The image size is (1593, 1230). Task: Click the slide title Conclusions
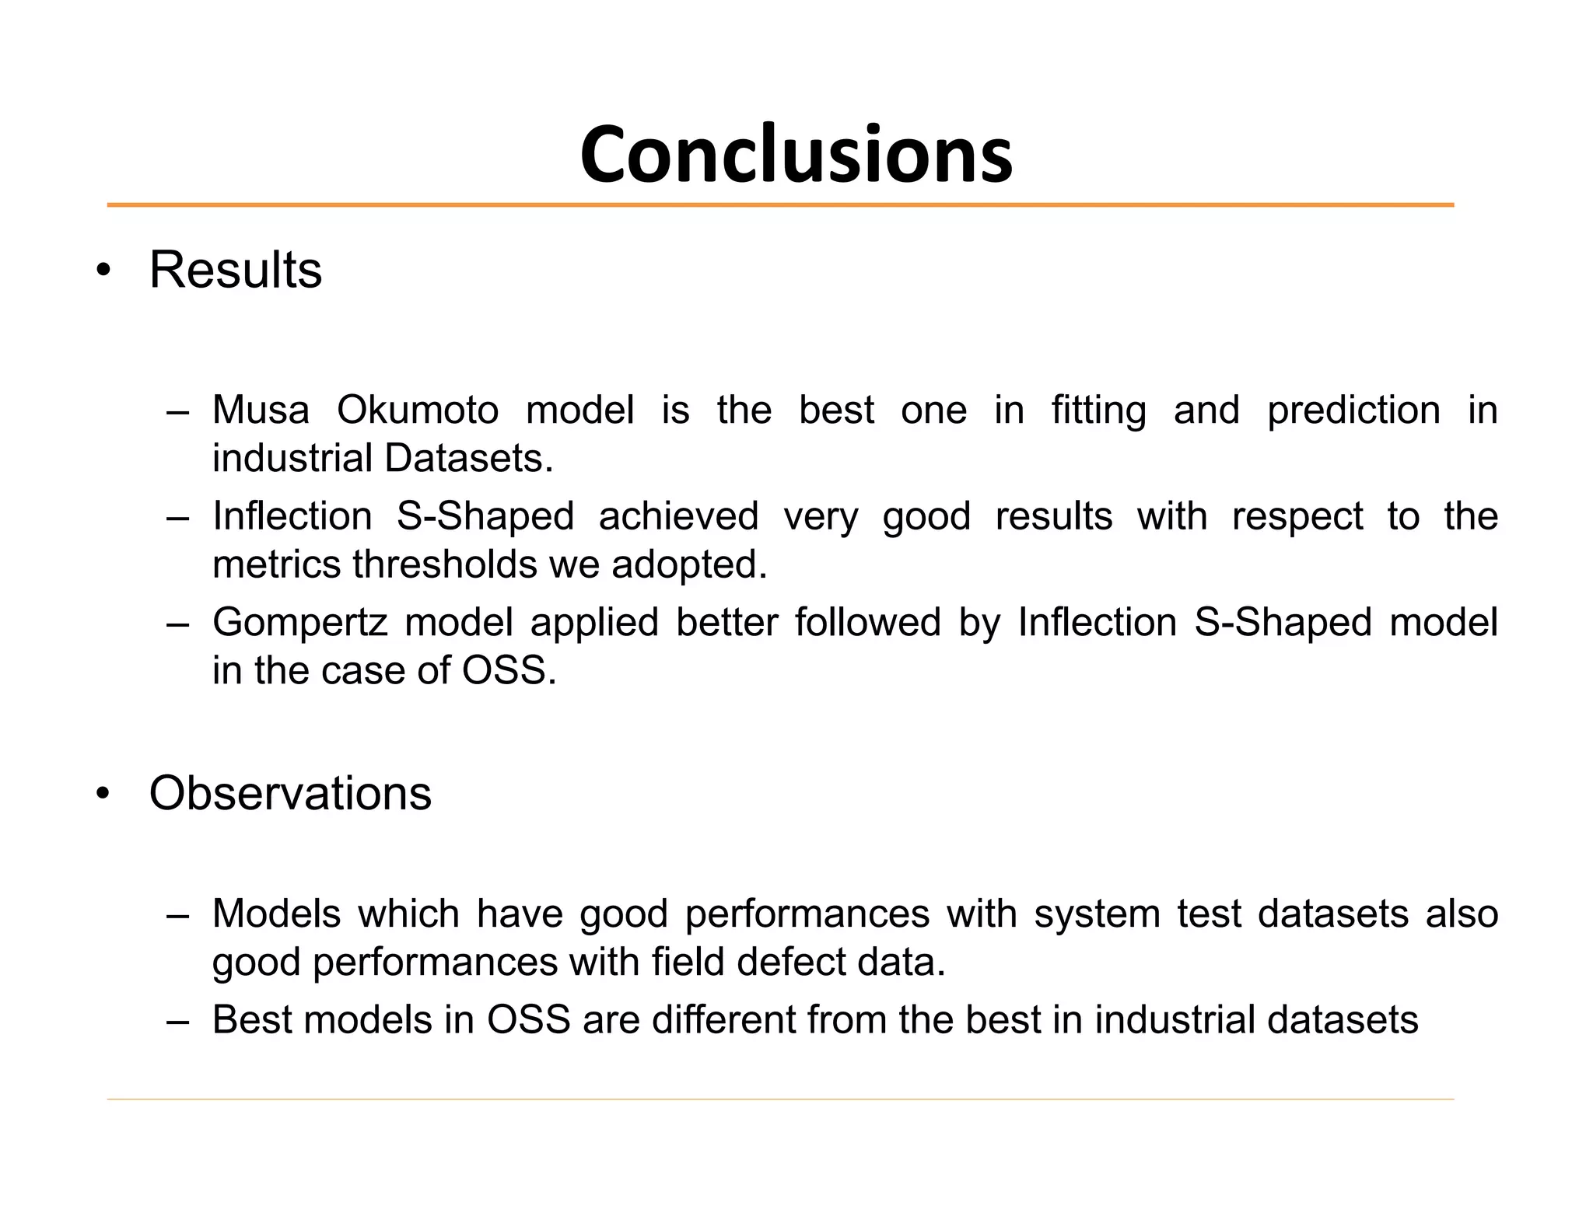click(796, 155)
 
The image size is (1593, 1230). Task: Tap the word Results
click(235, 270)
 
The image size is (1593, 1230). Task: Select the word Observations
click(290, 793)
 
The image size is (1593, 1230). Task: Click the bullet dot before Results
click(103, 271)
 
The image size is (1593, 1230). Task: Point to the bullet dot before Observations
click(103, 795)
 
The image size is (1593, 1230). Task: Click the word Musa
click(261, 410)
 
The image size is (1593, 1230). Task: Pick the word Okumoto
click(418, 410)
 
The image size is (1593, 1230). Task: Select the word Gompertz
click(299, 623)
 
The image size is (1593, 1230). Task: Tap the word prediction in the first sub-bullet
click(1353, 410)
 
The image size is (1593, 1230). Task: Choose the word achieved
click(678, 516)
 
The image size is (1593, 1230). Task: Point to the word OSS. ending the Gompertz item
click(509, 670)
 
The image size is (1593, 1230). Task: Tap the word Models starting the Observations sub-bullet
click(276, 914)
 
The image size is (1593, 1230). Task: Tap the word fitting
click(1098, 410)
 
